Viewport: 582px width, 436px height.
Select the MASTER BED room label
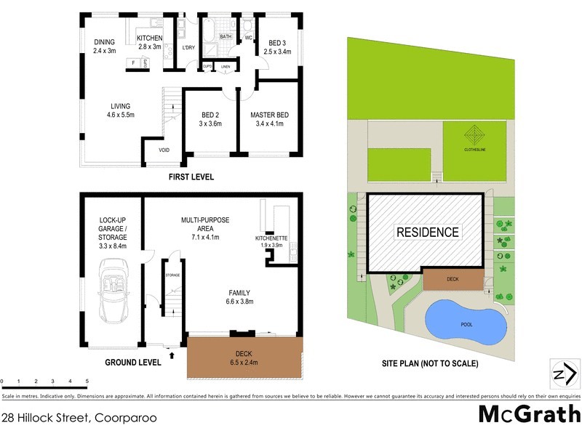269,119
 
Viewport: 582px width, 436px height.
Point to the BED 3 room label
279,47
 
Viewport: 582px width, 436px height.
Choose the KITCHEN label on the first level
150,42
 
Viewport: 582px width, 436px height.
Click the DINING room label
104,47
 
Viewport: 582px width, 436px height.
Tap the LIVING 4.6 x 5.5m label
120,110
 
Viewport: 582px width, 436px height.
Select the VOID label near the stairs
164,151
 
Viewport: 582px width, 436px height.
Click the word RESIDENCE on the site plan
427,233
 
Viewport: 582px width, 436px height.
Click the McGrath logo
528,414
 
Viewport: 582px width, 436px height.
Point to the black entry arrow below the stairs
172,355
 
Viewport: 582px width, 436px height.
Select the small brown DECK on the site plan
452,278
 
